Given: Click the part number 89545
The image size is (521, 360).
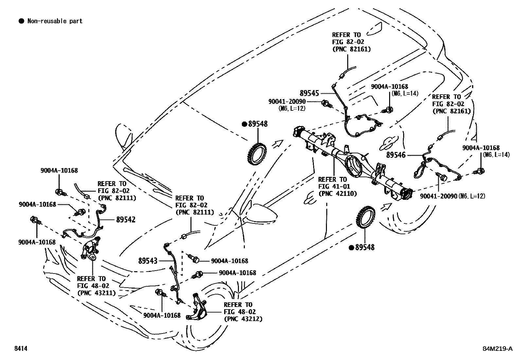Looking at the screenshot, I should tap(309, 93).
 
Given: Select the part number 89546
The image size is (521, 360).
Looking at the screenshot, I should tap(396, 155).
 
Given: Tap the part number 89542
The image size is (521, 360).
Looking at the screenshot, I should tap(126, 219).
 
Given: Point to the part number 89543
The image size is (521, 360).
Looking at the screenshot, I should tap(148, 261).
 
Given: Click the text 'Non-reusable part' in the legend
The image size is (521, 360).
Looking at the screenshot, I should tap(55, 21).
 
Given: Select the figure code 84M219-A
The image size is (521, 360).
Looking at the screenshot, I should tap(497, 349).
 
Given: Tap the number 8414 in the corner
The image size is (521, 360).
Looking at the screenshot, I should tap(20, 349).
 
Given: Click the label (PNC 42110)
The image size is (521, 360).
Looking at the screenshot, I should tap(337, 193).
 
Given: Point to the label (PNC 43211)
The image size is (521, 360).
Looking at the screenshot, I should tap(96, 293).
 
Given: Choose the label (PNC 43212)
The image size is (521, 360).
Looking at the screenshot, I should tap(243, 318).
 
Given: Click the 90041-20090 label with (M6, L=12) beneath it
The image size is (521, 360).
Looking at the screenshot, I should tap(287, 102).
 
